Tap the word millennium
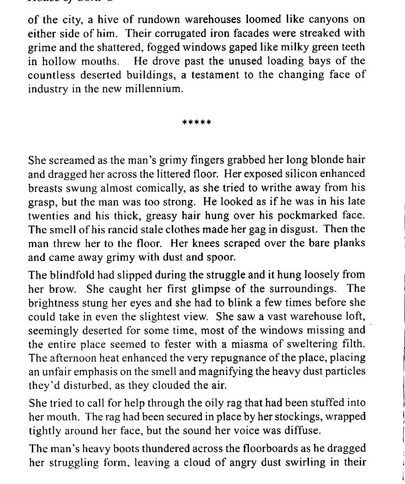(154, 89)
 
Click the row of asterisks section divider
(197, 123)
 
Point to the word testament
(215, 75)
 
